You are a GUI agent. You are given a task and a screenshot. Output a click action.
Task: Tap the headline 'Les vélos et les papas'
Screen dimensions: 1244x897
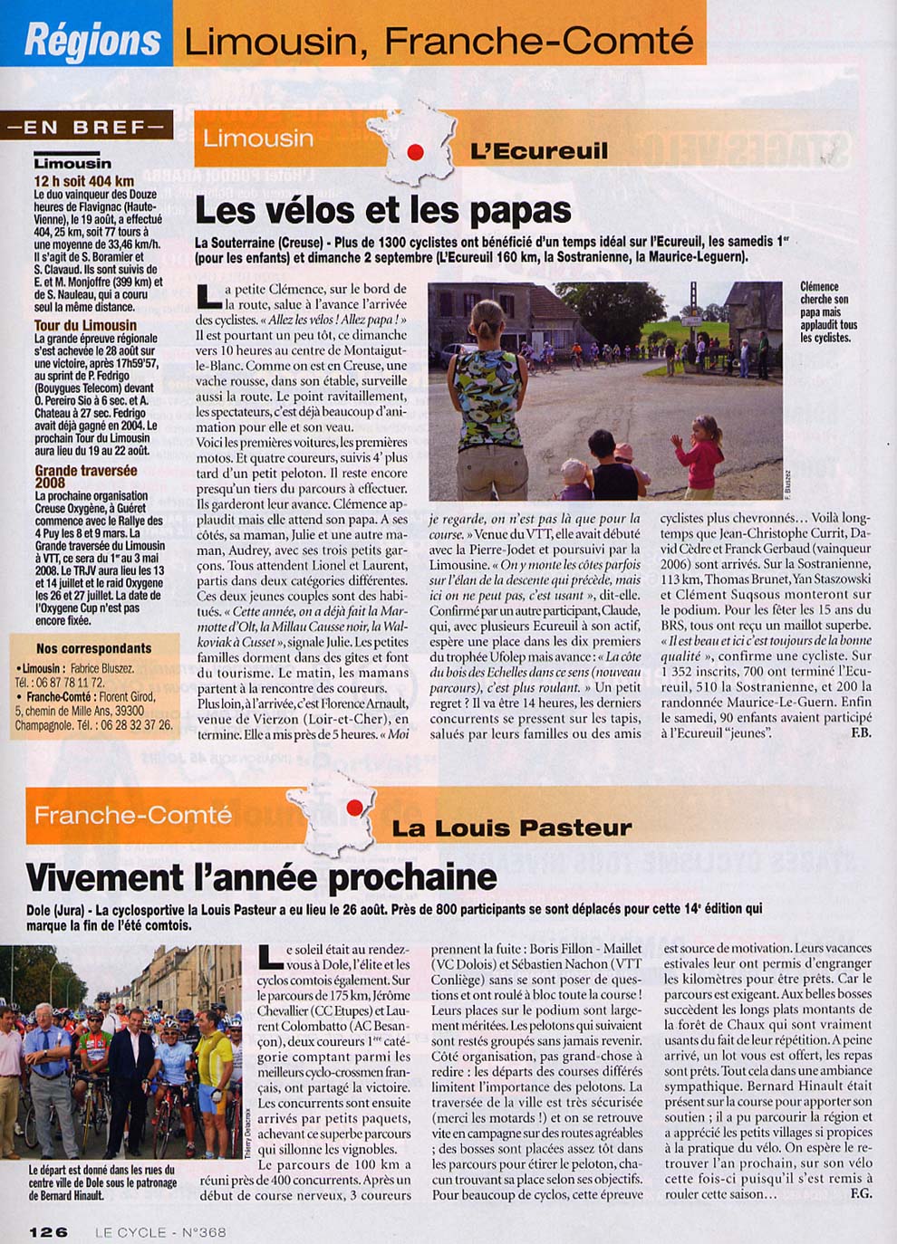[x=382, y=210]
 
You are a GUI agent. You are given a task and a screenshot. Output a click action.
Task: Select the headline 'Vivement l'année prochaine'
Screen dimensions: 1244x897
[x=261, y=876]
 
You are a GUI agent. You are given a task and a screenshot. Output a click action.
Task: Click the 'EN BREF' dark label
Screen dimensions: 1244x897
[x=88, y=127]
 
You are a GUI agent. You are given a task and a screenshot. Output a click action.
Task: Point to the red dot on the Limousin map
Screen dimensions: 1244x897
[x=415, y=152]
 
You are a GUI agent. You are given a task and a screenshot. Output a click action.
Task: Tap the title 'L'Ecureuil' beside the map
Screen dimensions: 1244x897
[x=539, y=150]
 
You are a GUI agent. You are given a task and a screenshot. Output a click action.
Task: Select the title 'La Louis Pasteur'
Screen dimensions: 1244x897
[x=511, y=828]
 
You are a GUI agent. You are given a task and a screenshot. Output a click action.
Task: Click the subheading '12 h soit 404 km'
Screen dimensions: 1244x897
[x=84, y=181]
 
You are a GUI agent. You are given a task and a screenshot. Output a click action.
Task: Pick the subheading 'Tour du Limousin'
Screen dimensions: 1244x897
[x=85, y=325]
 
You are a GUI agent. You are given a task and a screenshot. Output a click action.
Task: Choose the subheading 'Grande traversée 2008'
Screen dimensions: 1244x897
[x=86, y=476]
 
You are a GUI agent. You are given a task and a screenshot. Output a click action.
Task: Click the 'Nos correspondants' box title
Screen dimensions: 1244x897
[x=93, y=648]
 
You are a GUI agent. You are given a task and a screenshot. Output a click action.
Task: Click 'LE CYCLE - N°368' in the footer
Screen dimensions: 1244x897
[x=160, y=1231]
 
